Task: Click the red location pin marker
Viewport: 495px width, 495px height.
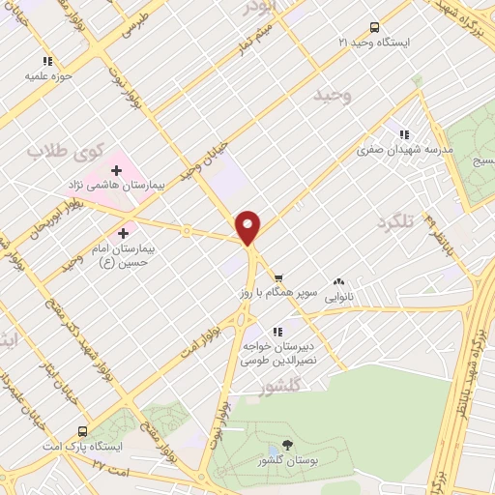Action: click(249, 226)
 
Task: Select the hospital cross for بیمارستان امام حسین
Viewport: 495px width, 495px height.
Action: click(123, 233)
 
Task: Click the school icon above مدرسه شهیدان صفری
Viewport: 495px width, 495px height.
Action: click(404, 134)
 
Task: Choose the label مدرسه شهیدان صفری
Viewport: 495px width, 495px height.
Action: click(393, 150)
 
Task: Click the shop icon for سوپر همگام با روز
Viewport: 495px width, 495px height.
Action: click(277, 277)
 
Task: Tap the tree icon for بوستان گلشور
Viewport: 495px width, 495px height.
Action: click(286, 447)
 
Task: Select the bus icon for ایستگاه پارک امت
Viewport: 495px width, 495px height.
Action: click(83, 432)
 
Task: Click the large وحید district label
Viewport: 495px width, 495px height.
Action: click(335, 95)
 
